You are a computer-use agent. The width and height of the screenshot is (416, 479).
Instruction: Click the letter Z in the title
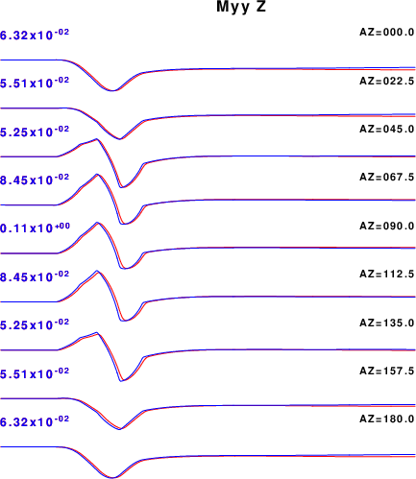pyautogui.click(x=260, y=7)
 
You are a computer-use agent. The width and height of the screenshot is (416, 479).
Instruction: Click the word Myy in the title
pyautogui.click(x=232, y=8)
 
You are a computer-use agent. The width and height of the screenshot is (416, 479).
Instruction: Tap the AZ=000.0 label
pyautogui.click(x=387, y=33)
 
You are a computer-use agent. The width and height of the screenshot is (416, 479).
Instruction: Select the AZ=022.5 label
pyautogui.click(x=387, y=81)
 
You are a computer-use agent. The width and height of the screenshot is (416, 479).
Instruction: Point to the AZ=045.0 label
pyautogui.click(x=387, y=130)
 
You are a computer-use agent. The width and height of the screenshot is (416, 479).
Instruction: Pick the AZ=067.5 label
pyautogui.click(x=387, y=177)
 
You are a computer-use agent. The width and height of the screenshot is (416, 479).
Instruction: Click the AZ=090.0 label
pyautogui.click(x=387, y=227)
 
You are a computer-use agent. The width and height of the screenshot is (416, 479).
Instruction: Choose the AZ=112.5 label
pyautogui.click(x=387, y=275)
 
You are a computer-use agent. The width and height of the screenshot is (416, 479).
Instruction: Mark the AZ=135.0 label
pyautogui.click(x=387, y=323)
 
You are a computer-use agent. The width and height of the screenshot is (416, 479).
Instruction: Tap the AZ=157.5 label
pyautogui.click(x=387, y=371)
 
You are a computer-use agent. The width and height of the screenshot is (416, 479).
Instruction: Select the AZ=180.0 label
pyautogui.click(x=387, y=419)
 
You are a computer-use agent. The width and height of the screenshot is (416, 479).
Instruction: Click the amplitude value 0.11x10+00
pyautogui.click(x=35, y=228)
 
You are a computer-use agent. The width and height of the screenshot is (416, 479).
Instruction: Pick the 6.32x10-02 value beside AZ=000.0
pyautogui.click(x=35, y=35)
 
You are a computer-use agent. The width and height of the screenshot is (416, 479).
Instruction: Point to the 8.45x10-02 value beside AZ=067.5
pyautogui.click(x=35, y=180)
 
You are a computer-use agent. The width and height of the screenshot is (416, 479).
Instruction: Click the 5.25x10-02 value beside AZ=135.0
pyautogui.click(x=35, y=324)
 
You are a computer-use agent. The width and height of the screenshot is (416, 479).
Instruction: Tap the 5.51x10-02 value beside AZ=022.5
pyautogui.click(x=35, y=83)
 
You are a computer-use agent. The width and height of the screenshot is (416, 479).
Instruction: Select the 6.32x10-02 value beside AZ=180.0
pyautogui.click(x=35, y=421)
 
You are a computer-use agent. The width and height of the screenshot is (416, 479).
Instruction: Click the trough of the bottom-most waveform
pyautogui.click(x=112, y=478)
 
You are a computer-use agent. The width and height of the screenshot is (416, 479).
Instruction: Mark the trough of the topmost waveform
pyautogui.click(x=112, y=90)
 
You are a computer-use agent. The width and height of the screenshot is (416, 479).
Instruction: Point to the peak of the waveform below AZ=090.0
pyautogui.click(x=97, y=271)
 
